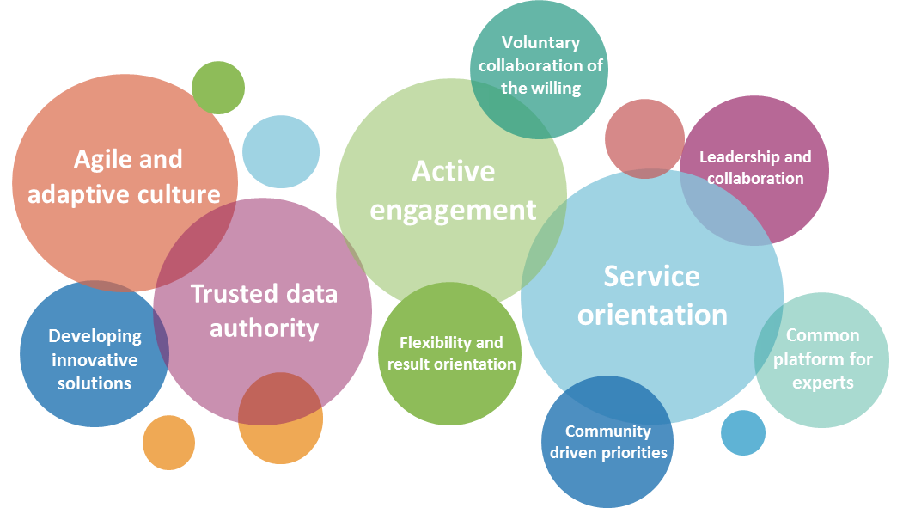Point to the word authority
pos(264,328)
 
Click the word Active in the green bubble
pos(453,171)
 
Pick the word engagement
pos(453,210)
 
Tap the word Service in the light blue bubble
pos(651,276)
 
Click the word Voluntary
pos(540,42)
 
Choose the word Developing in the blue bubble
pos(95,337)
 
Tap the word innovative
pos(95,360)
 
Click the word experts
pos(822,383)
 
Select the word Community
pos(607,431)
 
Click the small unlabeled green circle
pos(218,87)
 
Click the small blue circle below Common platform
pos(742,432)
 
